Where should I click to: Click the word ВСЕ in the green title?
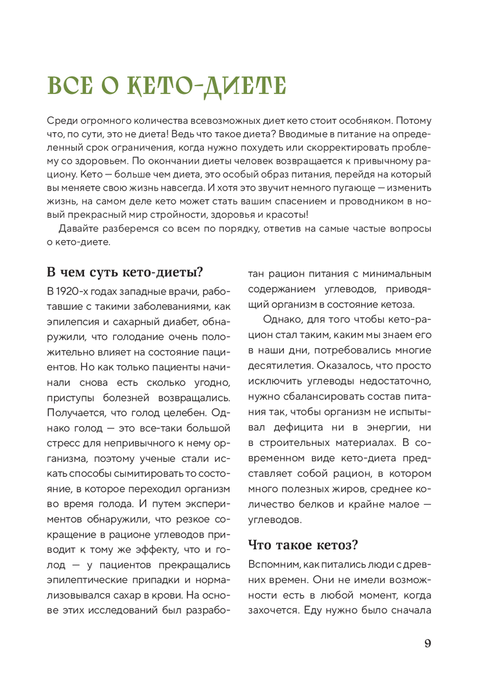70,85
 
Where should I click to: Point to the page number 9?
428,643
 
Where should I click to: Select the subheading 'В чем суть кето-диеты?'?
125,272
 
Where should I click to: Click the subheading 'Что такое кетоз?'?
303,545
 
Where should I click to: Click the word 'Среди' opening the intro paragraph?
60,121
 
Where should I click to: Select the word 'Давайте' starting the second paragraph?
78,229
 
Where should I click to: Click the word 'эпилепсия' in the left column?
73,322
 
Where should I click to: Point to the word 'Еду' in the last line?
312,610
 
